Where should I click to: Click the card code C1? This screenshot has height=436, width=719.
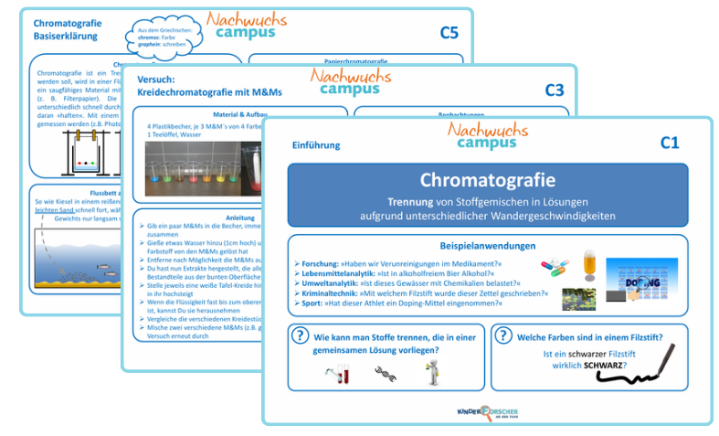(670, 143)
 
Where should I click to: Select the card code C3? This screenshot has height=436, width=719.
(555, 90)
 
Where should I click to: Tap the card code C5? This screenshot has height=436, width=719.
(449, 33)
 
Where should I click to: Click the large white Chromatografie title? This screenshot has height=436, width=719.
(487, 180)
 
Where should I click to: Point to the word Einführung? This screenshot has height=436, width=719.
(316, 144)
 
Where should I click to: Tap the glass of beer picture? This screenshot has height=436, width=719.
(589, 265)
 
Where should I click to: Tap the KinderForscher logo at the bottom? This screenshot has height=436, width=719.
(486, 412)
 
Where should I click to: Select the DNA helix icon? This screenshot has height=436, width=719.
(385, 371)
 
